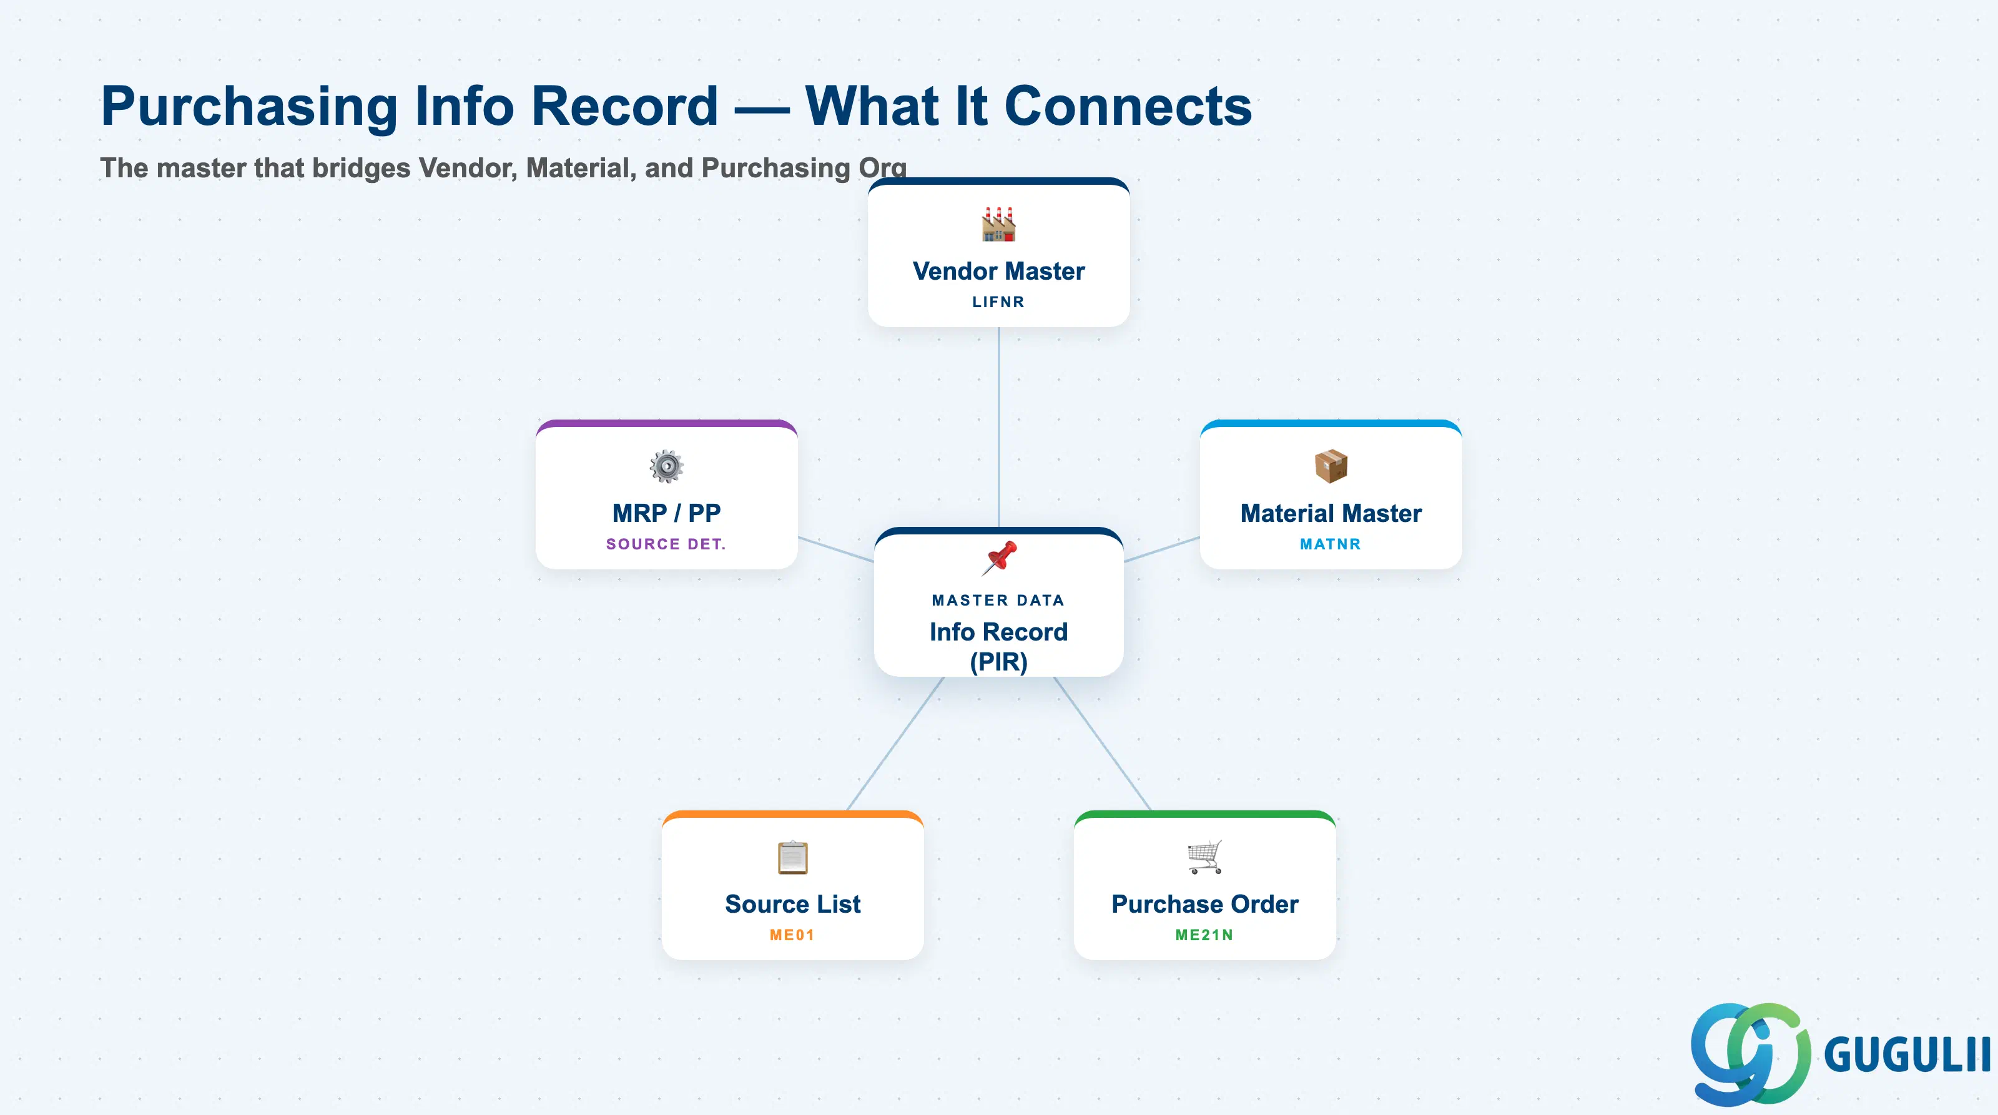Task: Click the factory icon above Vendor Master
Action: click(x=998, y=224)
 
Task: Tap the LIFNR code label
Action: click(x=998, y=302)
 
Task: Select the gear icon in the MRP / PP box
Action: click(x=666, y=466)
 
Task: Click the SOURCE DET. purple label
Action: click(x=666, y=544)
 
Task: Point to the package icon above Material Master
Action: click(x=1331, y=466)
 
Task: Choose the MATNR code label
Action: click(x=1330, y=544)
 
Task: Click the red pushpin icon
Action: click(x=999, y=558)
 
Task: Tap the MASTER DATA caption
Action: click(x=998, y=600)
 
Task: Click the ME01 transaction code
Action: click(x=792, y=935)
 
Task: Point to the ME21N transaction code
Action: click(x=1204, y=935)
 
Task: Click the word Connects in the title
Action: click(x=1128, y=106)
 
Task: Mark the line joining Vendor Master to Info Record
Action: click(x=998, y=427)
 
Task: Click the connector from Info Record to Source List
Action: click(x=895, y=744)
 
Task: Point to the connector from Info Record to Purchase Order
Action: click(x=1102, y=744)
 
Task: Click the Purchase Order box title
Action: click(x=1204, y=904)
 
